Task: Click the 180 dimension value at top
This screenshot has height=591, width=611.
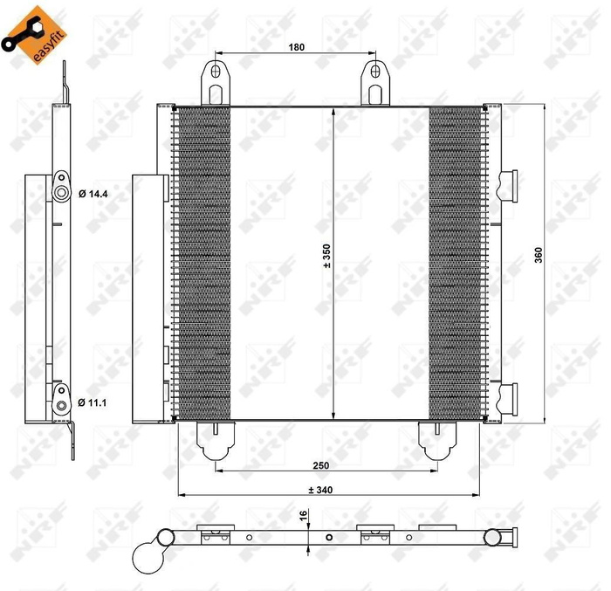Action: tap(297, 47)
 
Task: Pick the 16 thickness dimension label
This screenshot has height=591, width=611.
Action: tap(303, 518)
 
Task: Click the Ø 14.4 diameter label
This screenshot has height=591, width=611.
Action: tap(92, 194)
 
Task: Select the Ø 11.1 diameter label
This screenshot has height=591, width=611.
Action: tap(92, 402)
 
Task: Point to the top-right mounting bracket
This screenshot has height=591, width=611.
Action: tap(376, 83)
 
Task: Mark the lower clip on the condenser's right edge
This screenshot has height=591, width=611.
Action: tap(508, 398)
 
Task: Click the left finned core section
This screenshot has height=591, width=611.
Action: tap(203, 262)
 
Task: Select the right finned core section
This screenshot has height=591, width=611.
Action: tap(456, 262)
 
